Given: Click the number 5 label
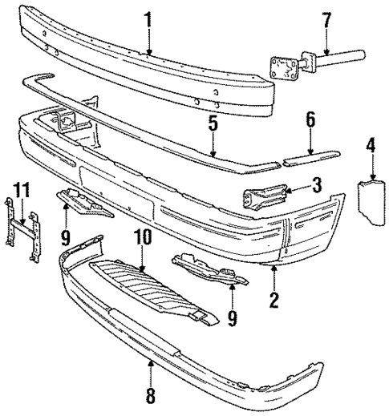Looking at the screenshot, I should (213, 124).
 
